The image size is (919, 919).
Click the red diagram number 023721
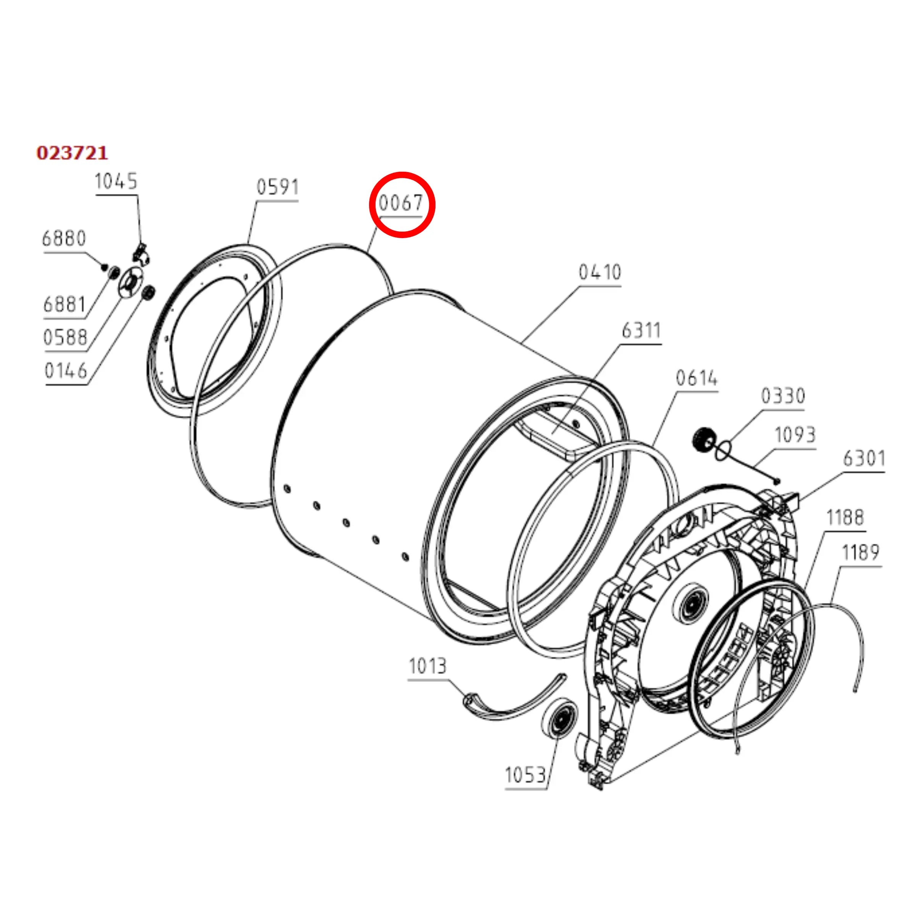72,153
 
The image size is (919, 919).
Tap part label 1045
116,182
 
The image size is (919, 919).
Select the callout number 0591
278,187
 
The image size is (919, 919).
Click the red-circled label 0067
401,203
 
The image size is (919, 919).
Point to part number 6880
64,238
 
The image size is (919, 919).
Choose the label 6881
65,305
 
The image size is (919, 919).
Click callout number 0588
65,338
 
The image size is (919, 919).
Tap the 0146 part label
66,371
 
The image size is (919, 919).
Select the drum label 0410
600,272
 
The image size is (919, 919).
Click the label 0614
697,379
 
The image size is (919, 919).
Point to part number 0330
783,396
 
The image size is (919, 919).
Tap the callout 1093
795,434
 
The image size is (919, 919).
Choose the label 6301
864,459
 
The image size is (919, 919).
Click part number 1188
845,518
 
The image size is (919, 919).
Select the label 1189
861,553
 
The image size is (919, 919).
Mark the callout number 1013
427,666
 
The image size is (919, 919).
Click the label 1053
525,776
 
